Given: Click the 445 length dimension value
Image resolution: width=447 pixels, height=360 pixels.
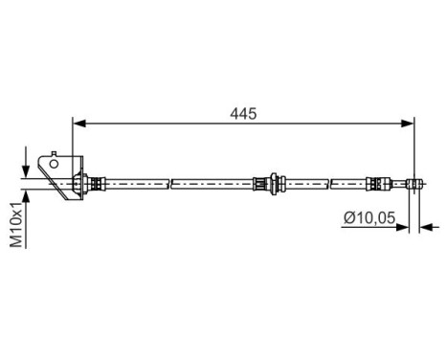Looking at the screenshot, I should (x=243, y=113).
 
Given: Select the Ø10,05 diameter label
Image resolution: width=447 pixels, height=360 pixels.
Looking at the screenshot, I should (x=372, y=217).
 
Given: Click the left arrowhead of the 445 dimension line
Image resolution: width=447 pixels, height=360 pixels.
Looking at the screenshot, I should (x=79, y=123).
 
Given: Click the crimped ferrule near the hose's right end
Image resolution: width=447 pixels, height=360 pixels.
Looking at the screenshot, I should (x=376, y=181).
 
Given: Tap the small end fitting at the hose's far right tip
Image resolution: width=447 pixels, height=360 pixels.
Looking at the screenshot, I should (x=413, y=181).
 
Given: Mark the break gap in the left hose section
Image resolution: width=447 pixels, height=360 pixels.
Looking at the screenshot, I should (x=169, y=181).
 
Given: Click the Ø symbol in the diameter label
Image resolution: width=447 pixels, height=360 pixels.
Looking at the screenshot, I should (x=350, y=217).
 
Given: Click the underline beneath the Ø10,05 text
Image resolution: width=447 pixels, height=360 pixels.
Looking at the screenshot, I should (x=372, y=228).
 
